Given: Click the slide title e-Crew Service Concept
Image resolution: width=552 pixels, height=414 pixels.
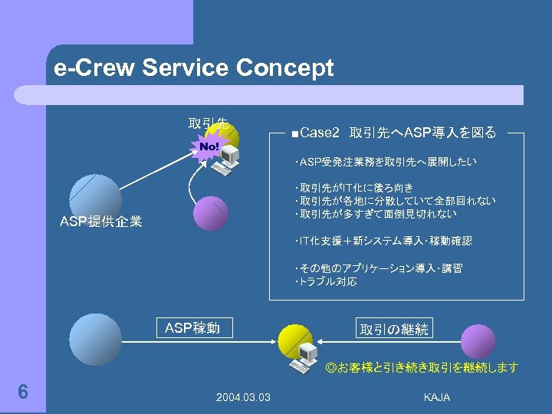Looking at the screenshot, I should [194, 68].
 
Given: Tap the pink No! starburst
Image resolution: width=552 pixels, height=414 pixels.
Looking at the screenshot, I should [209, 145].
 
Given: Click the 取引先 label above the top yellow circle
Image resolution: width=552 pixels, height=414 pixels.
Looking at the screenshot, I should [208, 123].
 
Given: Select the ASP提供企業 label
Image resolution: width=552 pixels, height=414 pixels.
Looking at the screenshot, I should [101, 222].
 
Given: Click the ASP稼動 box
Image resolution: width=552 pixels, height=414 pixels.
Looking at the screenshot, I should [192, 328].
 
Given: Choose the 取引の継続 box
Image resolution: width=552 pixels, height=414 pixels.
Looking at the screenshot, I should [394, 329].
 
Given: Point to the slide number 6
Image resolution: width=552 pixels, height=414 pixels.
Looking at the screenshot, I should [23, 392].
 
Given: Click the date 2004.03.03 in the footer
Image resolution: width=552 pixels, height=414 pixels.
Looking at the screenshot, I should [243, 396].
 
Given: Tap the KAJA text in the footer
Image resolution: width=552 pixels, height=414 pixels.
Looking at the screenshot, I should [437, 396].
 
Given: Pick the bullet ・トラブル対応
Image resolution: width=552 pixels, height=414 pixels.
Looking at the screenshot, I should [325, 282].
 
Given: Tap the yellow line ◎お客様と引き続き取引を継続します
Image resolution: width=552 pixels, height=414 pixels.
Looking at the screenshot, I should [422, 368].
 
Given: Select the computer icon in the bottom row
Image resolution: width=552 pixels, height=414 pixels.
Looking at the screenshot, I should [307, 354].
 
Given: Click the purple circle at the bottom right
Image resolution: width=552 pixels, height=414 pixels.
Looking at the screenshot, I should [478, 340].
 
